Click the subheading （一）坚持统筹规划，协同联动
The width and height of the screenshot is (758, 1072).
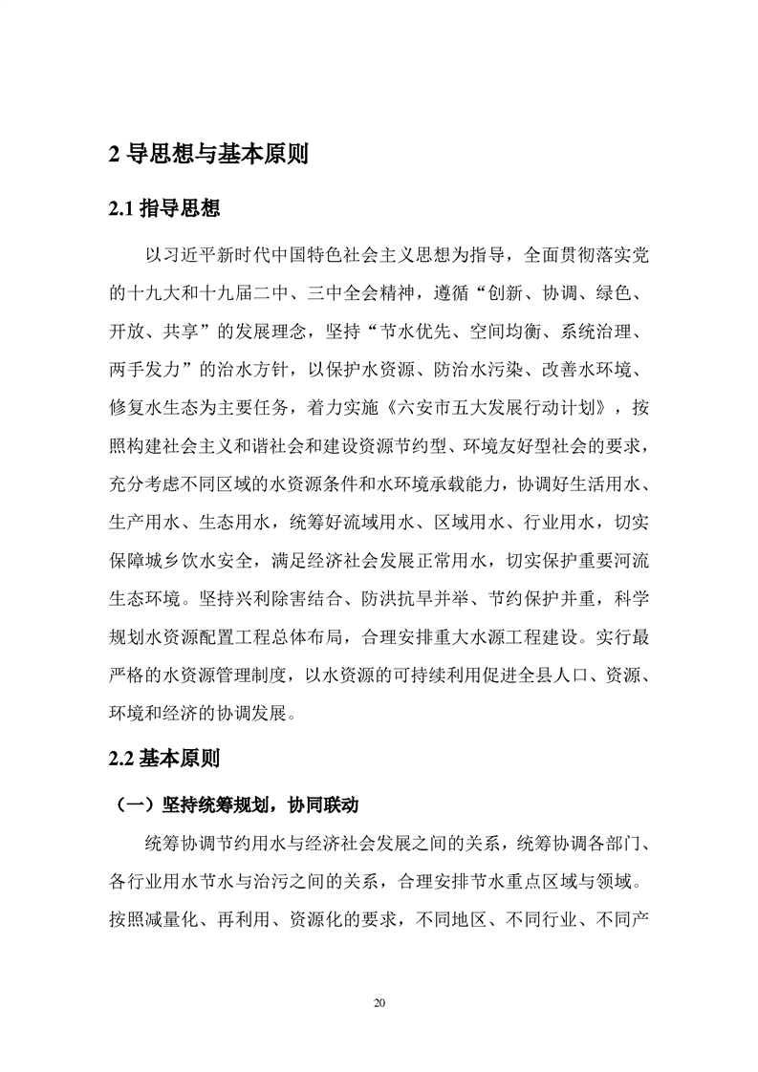[235, 804]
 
